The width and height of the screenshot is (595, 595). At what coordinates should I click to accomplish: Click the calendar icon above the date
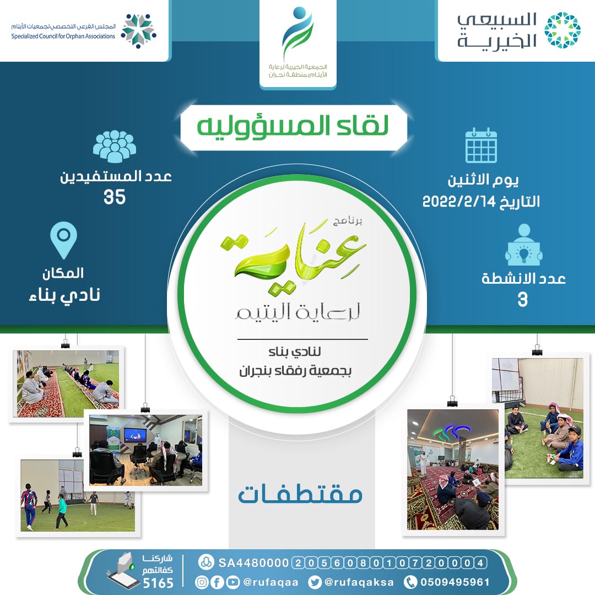481,145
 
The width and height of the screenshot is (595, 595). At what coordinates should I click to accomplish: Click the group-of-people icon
114,147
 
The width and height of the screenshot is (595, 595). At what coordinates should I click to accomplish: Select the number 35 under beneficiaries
115,197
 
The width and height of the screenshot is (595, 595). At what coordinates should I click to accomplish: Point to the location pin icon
63,240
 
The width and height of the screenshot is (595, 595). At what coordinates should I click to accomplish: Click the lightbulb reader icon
524,245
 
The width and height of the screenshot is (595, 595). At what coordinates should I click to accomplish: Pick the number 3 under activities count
522,299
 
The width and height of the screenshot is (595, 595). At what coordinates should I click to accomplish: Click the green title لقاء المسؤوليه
293,126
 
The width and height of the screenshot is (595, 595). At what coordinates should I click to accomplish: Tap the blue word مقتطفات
300,494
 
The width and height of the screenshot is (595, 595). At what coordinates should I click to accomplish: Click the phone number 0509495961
455,582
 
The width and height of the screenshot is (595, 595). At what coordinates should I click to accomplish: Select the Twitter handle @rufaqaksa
359,582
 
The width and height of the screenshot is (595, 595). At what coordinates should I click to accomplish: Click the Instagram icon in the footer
202,582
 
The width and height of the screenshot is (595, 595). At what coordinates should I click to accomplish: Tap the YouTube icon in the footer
232,582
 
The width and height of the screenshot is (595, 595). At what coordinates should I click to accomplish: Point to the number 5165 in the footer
158,582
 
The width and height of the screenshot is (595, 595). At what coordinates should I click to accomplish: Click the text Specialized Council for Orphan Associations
63,36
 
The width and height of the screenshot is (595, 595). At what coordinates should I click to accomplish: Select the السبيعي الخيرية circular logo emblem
562,30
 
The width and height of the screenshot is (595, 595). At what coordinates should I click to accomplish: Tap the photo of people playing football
78,496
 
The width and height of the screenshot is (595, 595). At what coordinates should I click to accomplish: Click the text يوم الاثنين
483,180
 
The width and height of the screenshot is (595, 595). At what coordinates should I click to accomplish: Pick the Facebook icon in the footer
217,582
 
